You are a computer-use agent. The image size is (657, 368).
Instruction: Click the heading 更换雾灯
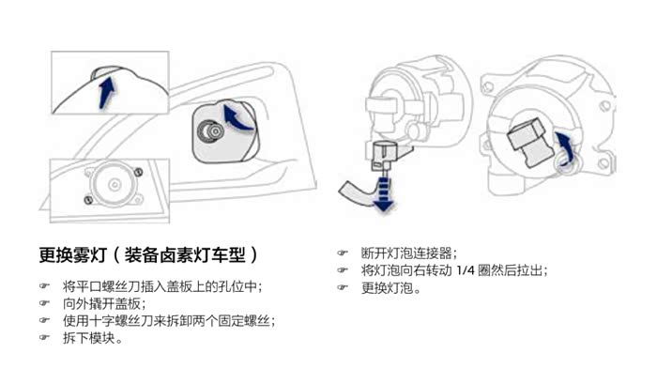(x=73, y=254)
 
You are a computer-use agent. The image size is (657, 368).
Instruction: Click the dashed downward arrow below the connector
(x=383, y=193)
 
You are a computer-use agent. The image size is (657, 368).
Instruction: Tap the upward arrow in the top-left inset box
(x=106, y=92)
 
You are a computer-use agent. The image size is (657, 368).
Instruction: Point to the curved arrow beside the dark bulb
(x=565, y=149)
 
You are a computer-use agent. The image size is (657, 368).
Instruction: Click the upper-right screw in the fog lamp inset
(x=138, y=172)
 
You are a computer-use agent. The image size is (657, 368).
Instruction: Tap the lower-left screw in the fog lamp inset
(x=88, y=200)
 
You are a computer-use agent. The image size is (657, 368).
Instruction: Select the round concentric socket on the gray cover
(x=211, y=131)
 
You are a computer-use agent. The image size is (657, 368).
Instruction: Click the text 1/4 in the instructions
(x=466, y=270)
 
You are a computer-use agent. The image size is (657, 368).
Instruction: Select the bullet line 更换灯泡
(x=391, y=288)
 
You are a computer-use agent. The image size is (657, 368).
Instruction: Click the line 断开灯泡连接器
(x=409, y=253)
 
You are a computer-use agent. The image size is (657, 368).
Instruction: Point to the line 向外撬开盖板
(x=104, y=303)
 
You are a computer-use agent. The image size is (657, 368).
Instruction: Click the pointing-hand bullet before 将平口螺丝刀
(x=44, y=285)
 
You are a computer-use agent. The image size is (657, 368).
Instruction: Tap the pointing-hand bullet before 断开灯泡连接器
(x=343, y=253)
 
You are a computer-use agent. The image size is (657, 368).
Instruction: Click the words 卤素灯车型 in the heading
(x=185, y=254)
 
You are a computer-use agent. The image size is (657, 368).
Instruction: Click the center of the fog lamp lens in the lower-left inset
(x=115, y=184)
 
